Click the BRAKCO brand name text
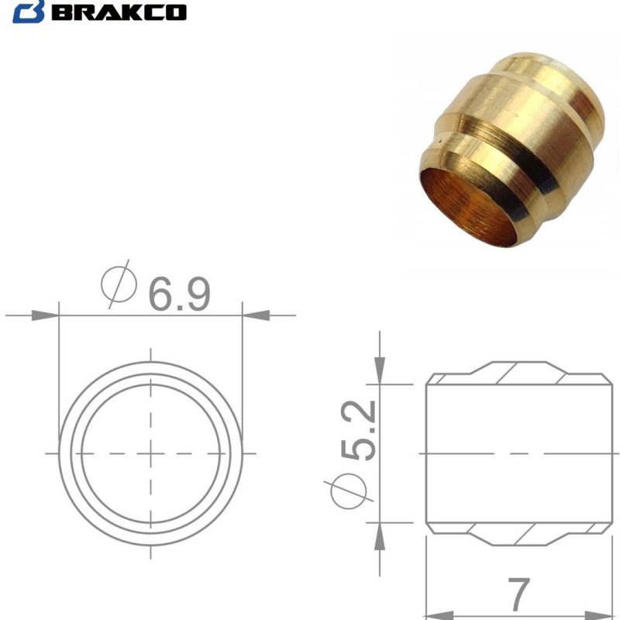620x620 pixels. coord(126,12)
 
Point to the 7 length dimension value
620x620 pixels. coord(522,593)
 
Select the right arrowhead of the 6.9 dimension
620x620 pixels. coord(256,315)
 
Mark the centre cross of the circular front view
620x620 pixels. coord(150,453)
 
